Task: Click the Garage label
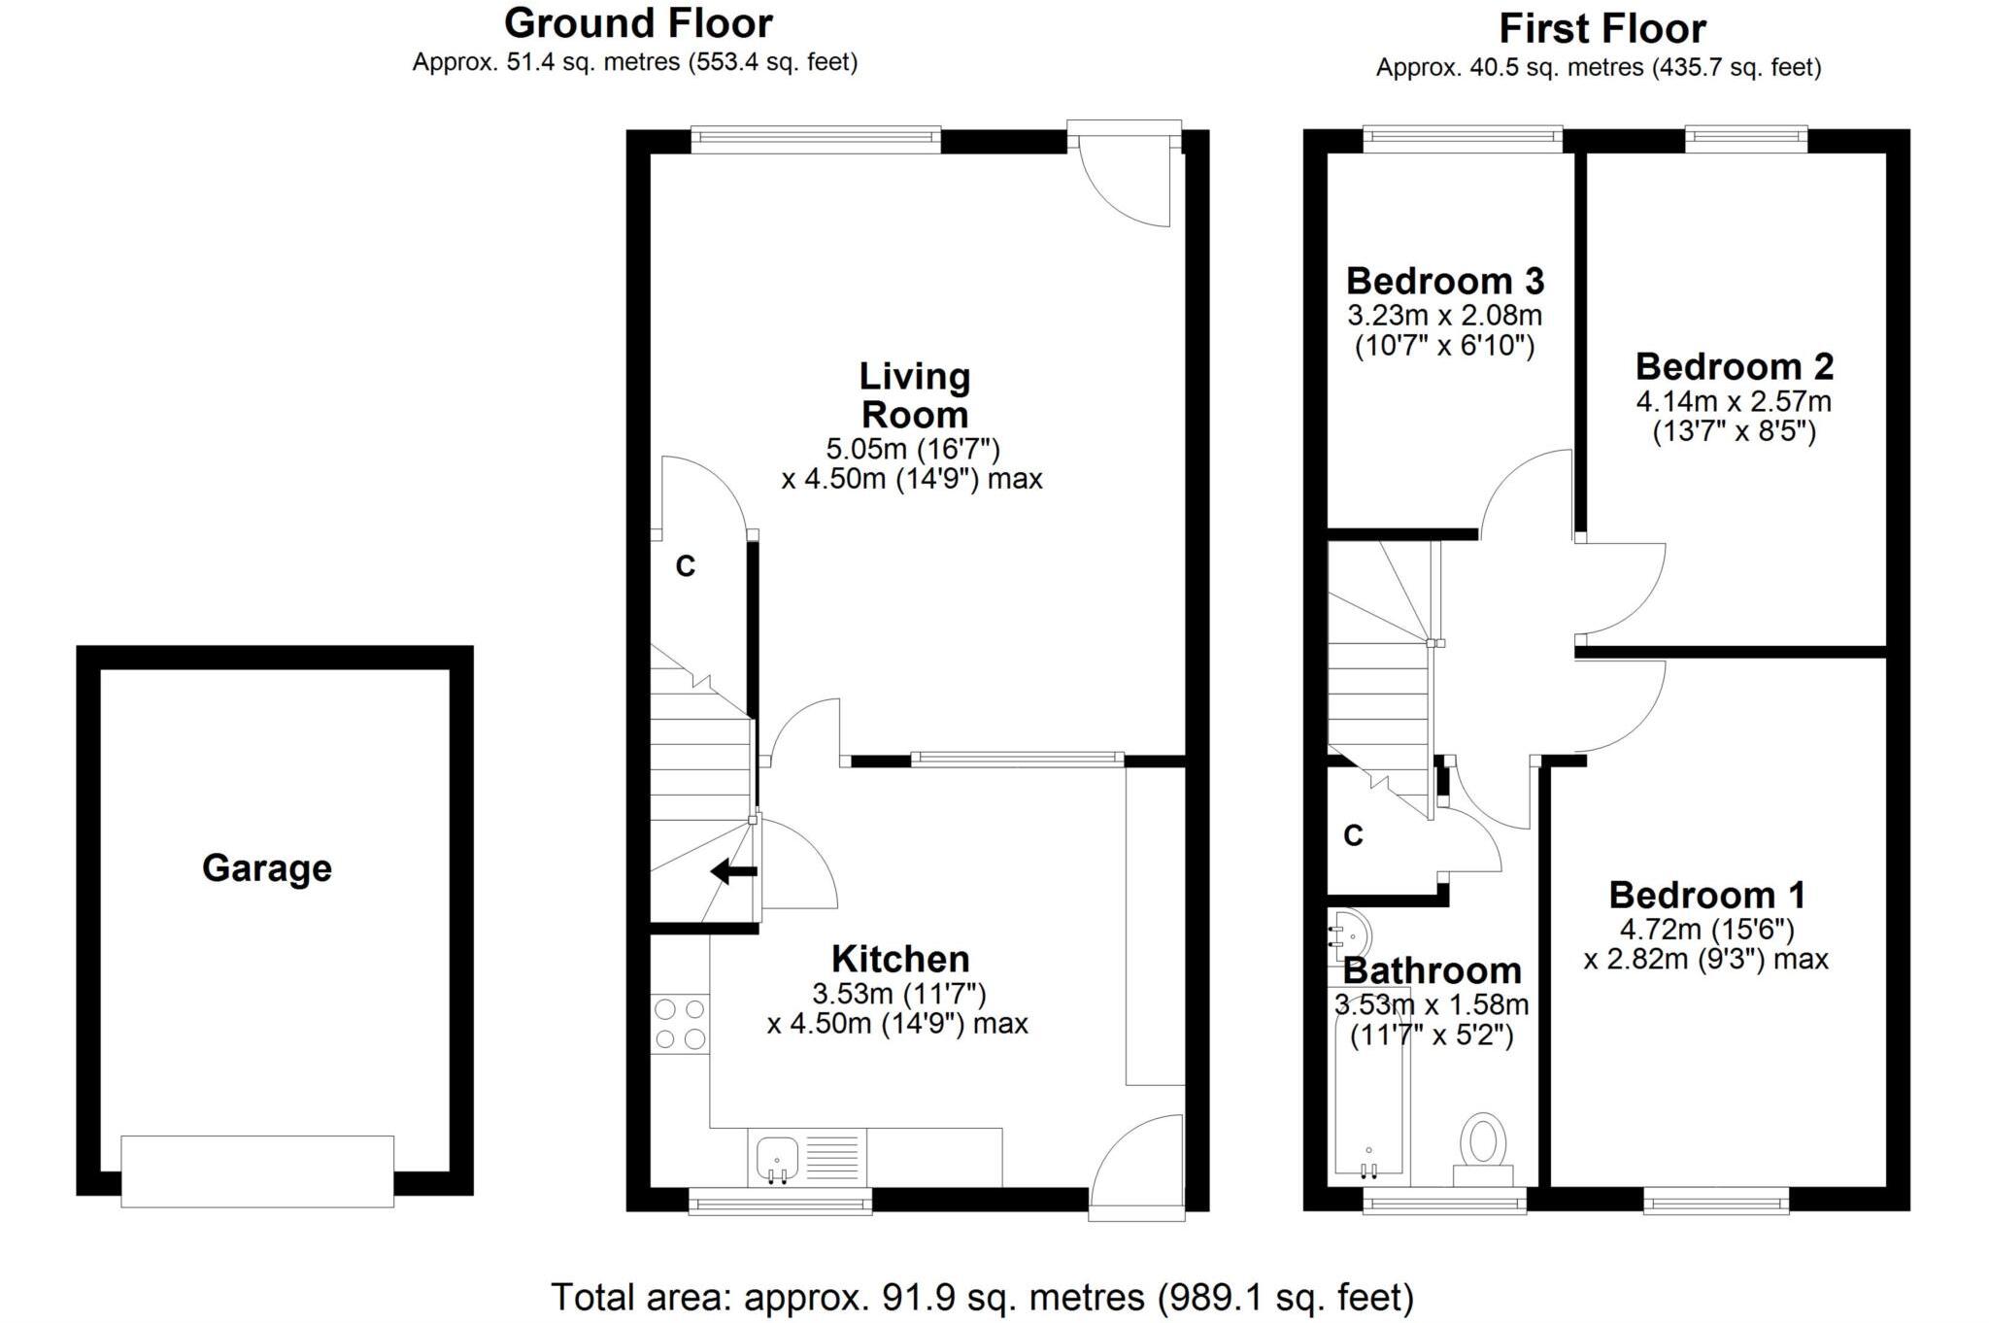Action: [x=266, y=867]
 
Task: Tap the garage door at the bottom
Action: [x=257, y=1170]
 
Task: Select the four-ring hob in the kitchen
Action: [x=680, y=1024]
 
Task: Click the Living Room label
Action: [x=914, y=395]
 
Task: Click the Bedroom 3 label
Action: [x=1444, y=281]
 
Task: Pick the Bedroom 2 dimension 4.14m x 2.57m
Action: [x=1734, y=400]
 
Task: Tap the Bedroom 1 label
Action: [x=1706, y=894]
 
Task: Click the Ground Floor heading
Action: [x=638, y=22]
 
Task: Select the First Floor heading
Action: [x=1601, y=28]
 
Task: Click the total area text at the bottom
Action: [x=982, y=1297]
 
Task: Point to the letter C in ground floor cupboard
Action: [x=686, y=566]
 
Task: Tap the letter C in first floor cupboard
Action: [x=1353, y=834]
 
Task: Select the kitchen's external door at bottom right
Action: [x=1136, y=1166]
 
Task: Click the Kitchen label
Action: [x=899, y=959]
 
